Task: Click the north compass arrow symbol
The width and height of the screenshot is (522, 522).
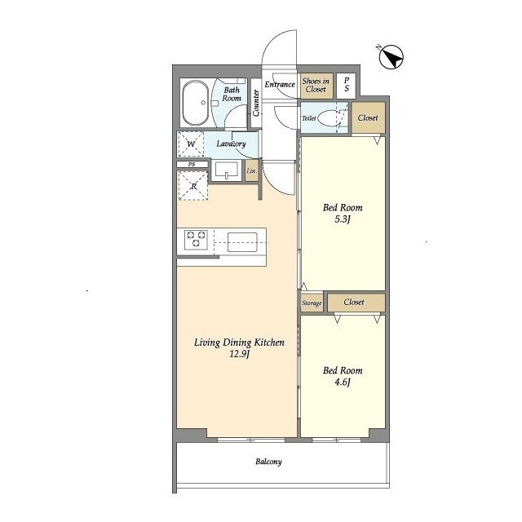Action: coord(391,57)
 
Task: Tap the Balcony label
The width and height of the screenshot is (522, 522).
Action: coord(268,462)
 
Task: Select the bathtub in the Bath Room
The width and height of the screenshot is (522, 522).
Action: coord(195,103)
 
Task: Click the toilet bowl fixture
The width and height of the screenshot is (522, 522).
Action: coord(329,118)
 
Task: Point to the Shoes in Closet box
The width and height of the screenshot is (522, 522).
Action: coord(316,86)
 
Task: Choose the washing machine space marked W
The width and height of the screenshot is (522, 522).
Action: coord(190,144)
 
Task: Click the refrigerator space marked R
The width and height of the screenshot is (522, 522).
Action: coord(193,186)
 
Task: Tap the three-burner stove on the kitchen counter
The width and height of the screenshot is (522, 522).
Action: coord(197,239)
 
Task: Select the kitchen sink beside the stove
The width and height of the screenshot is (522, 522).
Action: coord(242,242)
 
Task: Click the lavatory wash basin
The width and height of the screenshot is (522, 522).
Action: coord(227,170)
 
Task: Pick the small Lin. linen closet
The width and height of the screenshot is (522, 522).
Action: coord(252,170)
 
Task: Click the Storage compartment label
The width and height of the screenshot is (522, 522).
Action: coord(312,303)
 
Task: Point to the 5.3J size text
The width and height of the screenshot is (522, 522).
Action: coord(343,219)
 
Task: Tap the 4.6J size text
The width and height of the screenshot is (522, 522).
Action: coord(343,383)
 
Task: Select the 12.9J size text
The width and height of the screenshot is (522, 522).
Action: coord(239,354)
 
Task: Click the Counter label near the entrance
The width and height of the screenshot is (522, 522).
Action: coord(255,103)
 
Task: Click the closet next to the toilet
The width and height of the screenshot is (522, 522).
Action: coord(368,117)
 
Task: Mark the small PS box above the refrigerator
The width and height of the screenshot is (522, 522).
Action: coord(192,165)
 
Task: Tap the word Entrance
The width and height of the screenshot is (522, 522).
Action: coord(280,85)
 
